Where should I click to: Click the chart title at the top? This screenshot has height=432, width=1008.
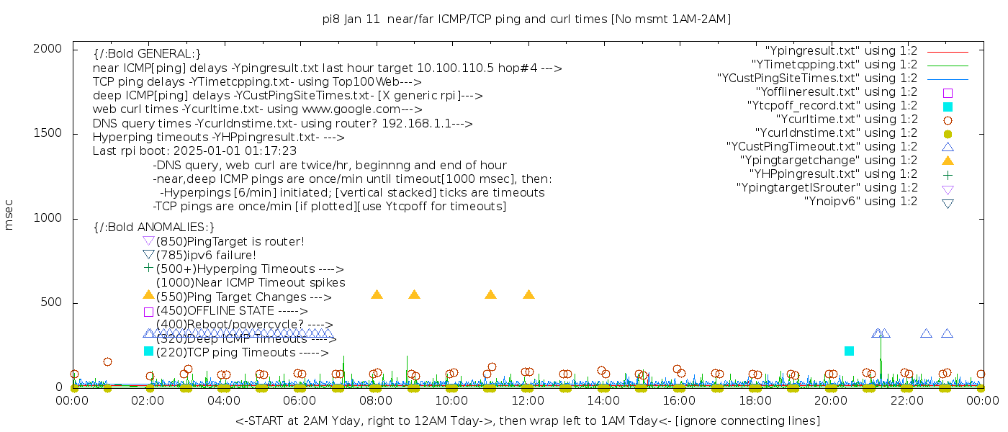tap(526, 19)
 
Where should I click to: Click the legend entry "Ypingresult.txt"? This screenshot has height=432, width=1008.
tap(842, 51)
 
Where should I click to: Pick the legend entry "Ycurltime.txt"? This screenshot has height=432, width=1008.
tap(846, 120)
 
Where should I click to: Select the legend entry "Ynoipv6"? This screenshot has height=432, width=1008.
tap(860, 202)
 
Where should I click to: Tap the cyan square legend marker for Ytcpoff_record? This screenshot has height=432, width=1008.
tap(948, 107)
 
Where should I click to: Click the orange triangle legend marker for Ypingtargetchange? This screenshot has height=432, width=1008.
tap(948, 160)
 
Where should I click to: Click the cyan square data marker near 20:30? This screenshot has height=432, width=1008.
tap(849, 351)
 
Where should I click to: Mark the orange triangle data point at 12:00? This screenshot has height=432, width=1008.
tap(528, 294)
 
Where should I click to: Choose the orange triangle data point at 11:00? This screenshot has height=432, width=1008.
tap(490, 294)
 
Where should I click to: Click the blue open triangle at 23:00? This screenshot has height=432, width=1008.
tap(947, 333)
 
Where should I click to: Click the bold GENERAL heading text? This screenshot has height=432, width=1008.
tap(147, 53)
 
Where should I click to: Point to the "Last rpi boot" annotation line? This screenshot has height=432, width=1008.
tap(194, 151)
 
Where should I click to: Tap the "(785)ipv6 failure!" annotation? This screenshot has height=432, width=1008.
tap(206, 255)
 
